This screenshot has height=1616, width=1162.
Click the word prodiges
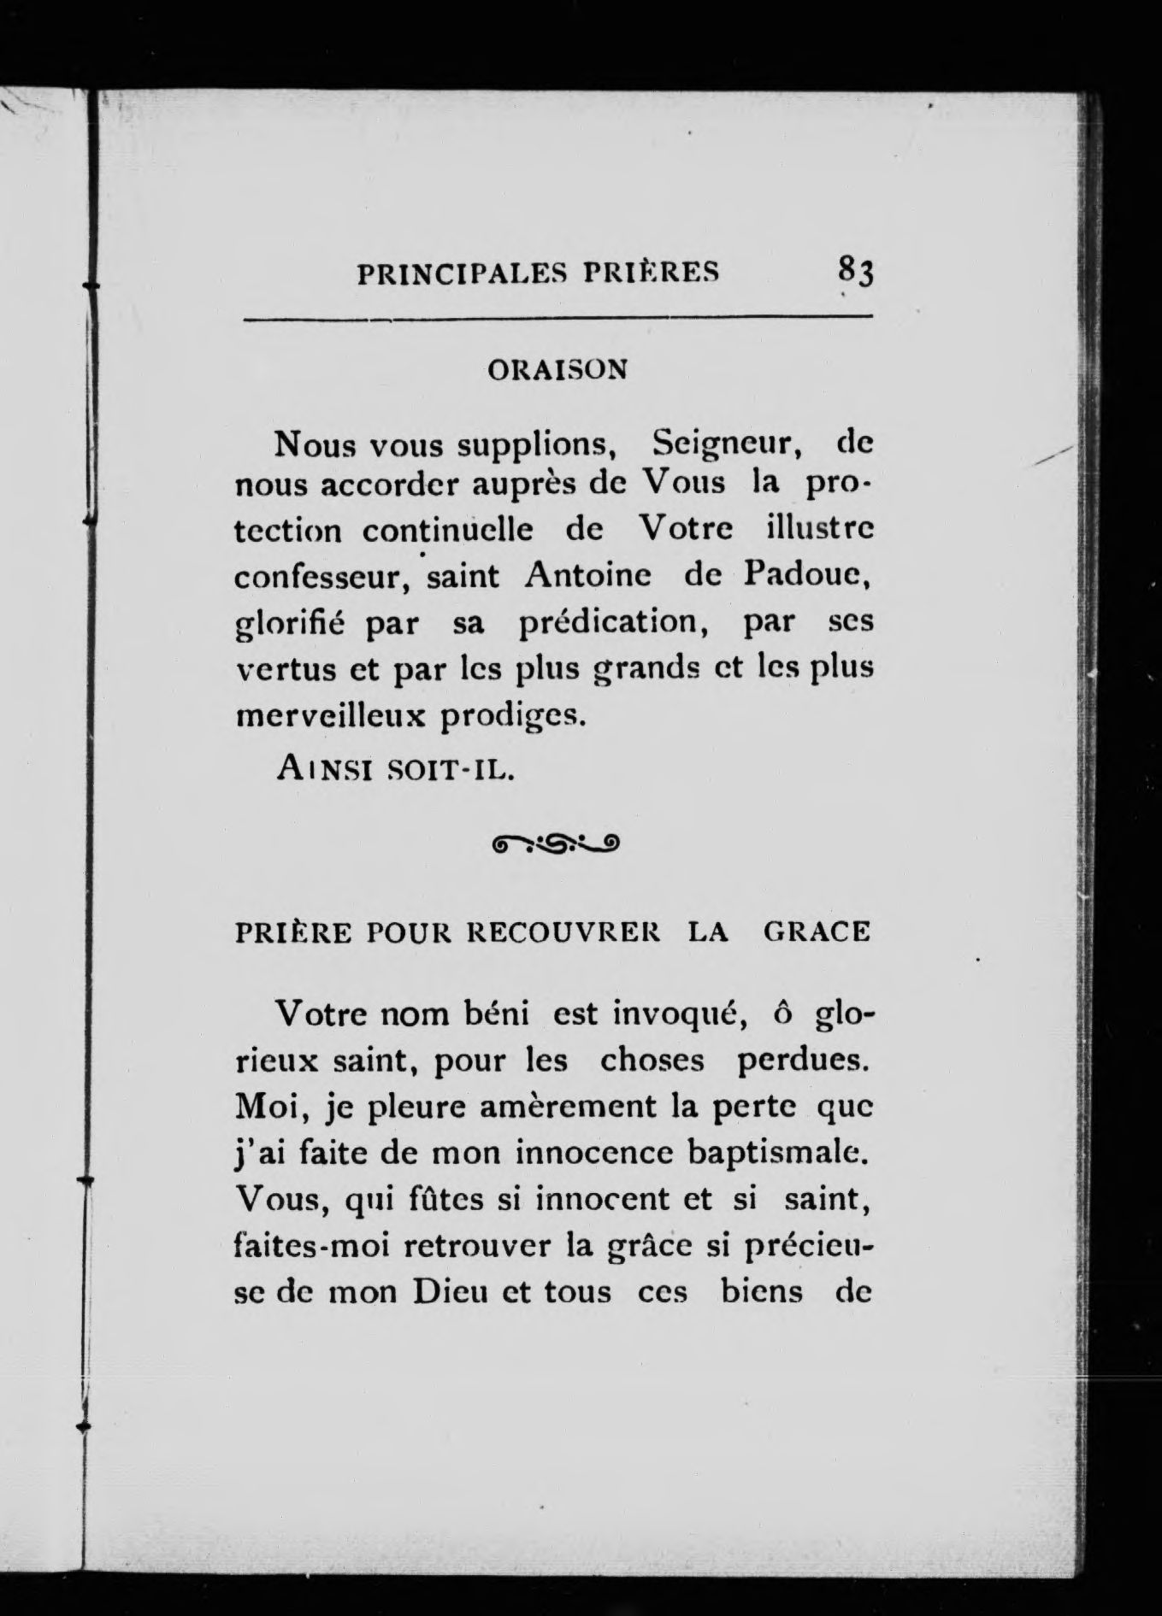(515, 716)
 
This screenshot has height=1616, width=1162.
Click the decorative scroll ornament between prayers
(557, 845)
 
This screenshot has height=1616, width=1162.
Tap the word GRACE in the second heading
(816, 931)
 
